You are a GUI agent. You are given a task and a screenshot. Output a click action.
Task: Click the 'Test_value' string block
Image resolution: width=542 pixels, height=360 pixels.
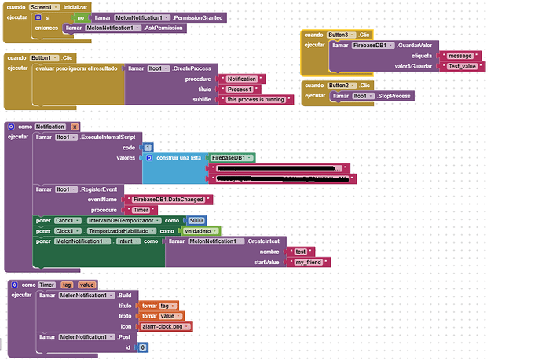463,67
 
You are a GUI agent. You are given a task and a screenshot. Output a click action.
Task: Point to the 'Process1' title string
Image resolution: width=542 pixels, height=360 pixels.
240,89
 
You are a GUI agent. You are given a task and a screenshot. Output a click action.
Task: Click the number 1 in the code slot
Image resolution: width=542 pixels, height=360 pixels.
148,147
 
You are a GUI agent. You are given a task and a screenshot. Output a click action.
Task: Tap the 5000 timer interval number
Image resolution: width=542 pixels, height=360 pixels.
198,220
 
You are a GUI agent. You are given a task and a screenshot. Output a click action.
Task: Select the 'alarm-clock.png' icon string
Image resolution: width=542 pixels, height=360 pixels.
164,325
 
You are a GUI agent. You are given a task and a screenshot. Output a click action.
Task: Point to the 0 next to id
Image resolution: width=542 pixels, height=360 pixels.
142,347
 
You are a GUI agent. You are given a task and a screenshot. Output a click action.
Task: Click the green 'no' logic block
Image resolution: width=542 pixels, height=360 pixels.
81,17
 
